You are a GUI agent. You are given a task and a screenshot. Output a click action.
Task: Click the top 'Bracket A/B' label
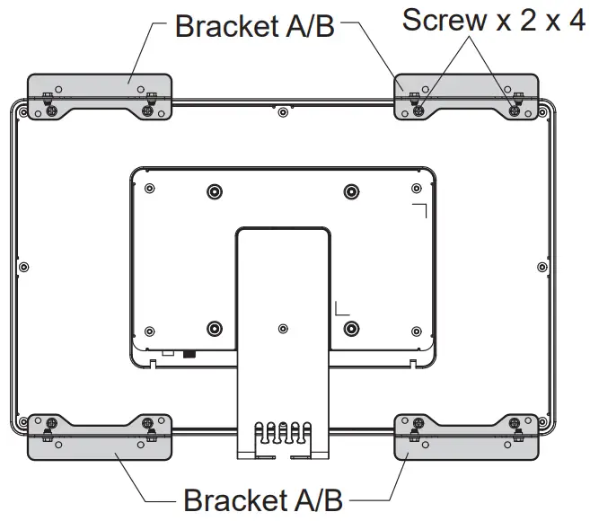pos(254,25)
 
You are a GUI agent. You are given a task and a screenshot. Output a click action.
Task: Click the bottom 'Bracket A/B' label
pos(262,499)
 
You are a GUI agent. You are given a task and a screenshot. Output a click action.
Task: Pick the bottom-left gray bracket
pos(100,439)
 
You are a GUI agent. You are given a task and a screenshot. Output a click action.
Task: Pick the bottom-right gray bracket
pos(466,439)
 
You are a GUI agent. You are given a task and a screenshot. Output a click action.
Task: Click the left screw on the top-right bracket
pos(419,110)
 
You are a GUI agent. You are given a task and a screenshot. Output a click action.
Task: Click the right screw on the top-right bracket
pos(514,110)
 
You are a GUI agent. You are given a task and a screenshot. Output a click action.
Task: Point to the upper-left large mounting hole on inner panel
pos(214,191)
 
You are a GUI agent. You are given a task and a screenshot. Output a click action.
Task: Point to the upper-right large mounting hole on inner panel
pos(351,191)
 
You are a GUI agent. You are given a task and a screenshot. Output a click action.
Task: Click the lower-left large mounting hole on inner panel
pos(214,327)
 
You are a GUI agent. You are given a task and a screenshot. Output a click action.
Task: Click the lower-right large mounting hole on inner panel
pos(351,327)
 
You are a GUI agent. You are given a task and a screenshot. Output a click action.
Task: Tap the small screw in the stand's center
pos(283,328)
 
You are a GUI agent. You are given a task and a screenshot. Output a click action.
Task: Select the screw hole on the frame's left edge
pos(24,266)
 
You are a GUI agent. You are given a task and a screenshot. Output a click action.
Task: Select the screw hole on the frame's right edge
pos(541,266)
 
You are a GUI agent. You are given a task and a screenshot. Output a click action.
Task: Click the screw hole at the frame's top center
pos(283,112)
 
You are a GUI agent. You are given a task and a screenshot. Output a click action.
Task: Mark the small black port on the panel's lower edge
pos(189,353)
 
